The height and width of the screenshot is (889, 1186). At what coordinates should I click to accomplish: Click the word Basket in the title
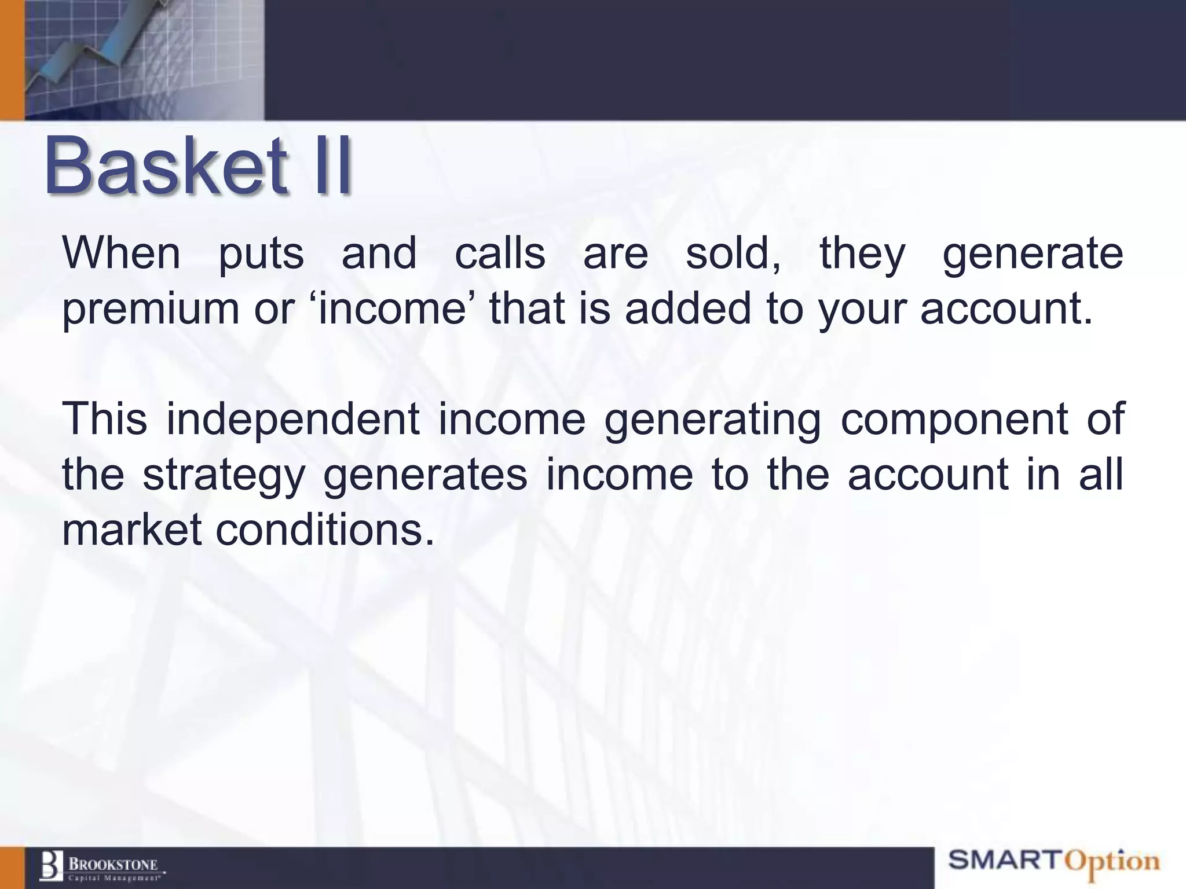(164, 166)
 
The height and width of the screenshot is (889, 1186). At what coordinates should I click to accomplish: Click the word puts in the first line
(261, 255)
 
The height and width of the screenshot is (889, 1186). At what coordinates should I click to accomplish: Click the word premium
(150, 309)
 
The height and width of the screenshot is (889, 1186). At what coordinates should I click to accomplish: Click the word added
(686, 308)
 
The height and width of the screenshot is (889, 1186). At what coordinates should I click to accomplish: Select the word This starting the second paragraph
(105, 418)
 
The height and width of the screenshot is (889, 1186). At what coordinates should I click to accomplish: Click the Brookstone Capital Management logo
(102, 866)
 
